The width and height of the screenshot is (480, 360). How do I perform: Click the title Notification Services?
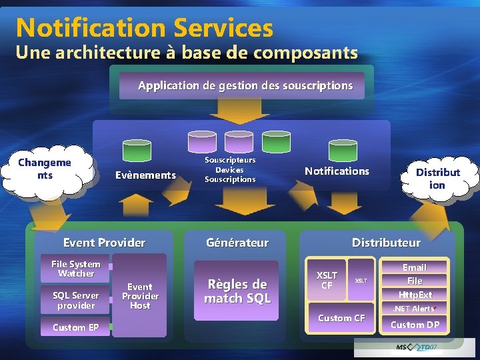coord(144,28)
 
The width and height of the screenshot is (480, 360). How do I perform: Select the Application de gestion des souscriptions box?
coord(245,85)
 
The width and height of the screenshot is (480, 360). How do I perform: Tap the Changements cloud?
coord(45,169)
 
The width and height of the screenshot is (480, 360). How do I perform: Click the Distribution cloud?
coord(437,178)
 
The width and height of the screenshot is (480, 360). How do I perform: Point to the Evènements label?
coord(145,175)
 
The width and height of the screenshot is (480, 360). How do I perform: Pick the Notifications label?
coord(337,171)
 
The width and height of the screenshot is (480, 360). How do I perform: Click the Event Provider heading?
coord(104,243)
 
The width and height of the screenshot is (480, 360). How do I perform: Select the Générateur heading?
coord(237,243)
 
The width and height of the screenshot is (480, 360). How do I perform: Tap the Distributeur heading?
coord(386,243)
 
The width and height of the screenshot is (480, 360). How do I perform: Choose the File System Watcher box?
coord(75,269)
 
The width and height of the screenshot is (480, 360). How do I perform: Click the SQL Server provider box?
coord(75,300)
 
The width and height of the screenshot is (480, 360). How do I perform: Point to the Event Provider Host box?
coord(140,296)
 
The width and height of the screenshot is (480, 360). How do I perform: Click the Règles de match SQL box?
coord(237,291)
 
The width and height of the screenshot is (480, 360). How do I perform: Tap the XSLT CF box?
coord(327,280)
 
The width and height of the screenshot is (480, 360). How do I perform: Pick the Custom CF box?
coord(341,318)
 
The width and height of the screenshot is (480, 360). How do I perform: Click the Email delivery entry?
coord(415,267)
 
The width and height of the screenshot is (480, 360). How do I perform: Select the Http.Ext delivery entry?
coord(415,295)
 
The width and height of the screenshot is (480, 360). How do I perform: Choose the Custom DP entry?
coord(415,325)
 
